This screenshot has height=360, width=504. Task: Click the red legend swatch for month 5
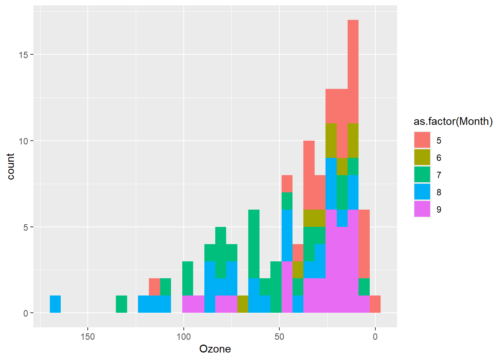[x=422, y=140]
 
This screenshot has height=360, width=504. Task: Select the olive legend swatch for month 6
[x=422, y=157]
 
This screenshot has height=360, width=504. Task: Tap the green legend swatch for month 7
[x=422, y=175]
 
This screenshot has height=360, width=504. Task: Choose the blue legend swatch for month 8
[x=422, y=192]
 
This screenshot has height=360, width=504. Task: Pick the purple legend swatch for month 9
[x=422, y=209]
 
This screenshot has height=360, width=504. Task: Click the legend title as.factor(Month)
[x=453, y=121]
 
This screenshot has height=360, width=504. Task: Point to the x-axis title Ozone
[x=215, y=349]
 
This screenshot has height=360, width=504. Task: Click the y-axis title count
[x=10, y=166]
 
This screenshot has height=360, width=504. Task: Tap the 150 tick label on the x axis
[x=88, y=337]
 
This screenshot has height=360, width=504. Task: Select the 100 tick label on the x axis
[x=183, y=337]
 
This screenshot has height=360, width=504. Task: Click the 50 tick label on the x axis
[x=279, y=337]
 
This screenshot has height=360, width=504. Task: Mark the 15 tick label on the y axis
[x=23, y=55]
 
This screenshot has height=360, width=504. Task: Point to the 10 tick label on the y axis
[x=23, y=141]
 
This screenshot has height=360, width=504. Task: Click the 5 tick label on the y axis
[x=25, y=227]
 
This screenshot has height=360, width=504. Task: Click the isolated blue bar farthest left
[x=55, y=304]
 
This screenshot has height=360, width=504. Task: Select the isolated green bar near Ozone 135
[x=121, y=304]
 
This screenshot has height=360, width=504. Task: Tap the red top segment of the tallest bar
[x=353, y=71]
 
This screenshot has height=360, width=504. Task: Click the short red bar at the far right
[x=375, y=304]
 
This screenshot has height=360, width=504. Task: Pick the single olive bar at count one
[x=243, y=304]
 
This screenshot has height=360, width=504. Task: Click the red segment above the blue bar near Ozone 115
[x=154, y=287]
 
